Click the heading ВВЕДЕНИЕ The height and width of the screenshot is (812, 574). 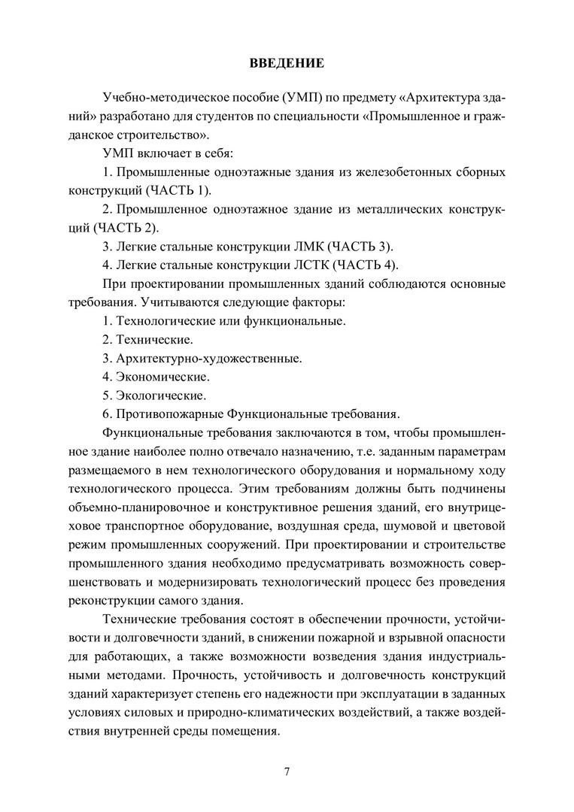pyautogui.click(x=287, y=64)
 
